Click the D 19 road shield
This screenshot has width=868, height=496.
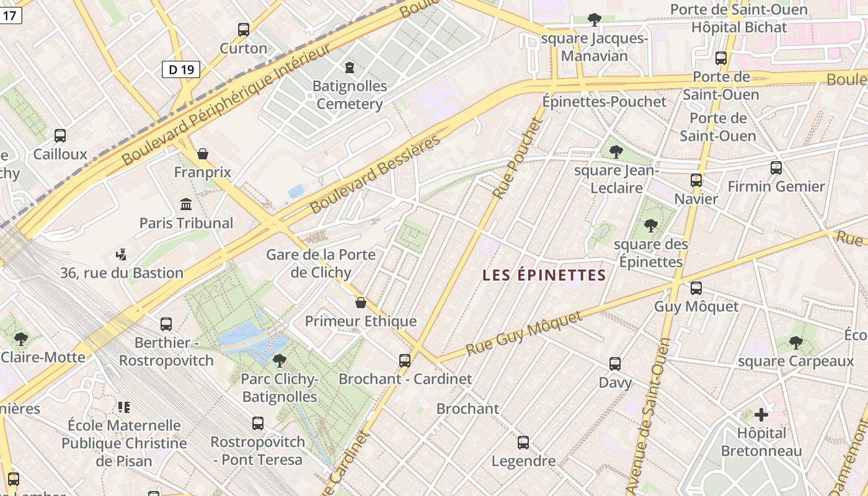tap(181, 69)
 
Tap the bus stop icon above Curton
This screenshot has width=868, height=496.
tap(244, 29)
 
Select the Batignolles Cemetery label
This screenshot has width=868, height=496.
tap(350, 95)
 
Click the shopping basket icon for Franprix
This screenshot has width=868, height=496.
tap(202, 153)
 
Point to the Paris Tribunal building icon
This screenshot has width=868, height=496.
tap(185, 204)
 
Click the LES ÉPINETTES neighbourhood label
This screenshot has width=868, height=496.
tap(544, 275)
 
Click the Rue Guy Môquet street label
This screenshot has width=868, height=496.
tap(524, 334)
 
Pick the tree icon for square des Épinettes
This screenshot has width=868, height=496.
tap(650, 225)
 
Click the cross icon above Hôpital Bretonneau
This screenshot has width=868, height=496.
tap(761, 414)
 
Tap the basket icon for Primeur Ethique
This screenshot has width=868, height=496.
tap(361, 303)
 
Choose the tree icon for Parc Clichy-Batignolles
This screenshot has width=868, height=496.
tap(280, 360)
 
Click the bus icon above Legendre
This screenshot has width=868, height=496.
tap(523, 442)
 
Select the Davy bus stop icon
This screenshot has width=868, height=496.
tap(615, 364)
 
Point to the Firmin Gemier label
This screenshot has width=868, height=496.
tap(776, 186)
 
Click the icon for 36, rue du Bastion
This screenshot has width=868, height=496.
tap(122, 254)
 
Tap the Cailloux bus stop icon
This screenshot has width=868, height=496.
tap(60, 136)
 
